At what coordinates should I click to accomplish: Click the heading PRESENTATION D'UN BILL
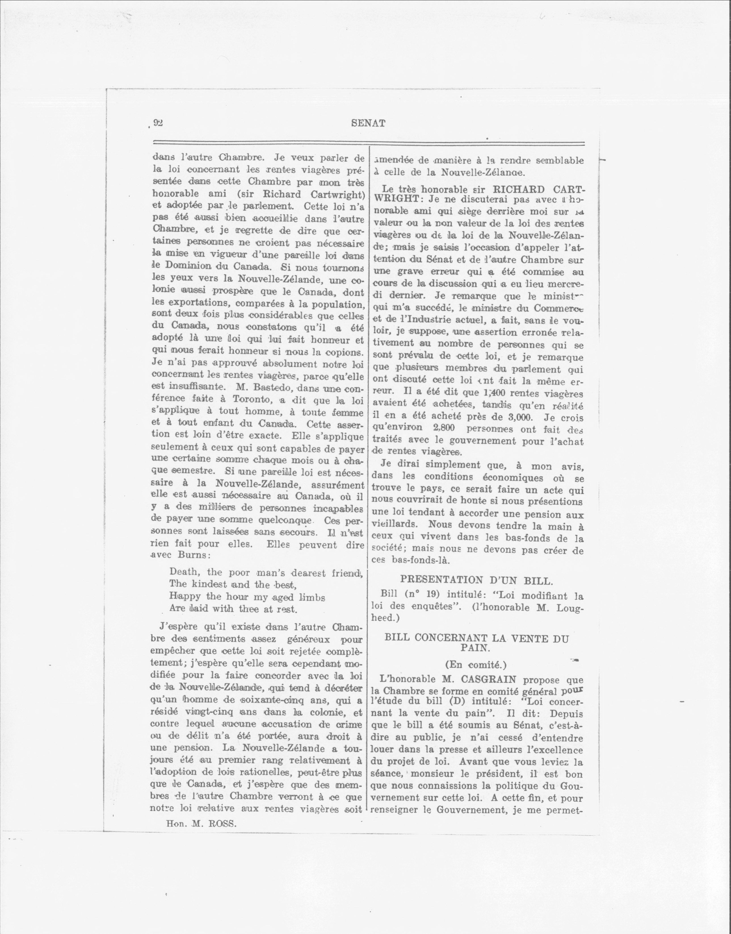pos(476,580)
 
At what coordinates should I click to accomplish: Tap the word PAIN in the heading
pos(476,648)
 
